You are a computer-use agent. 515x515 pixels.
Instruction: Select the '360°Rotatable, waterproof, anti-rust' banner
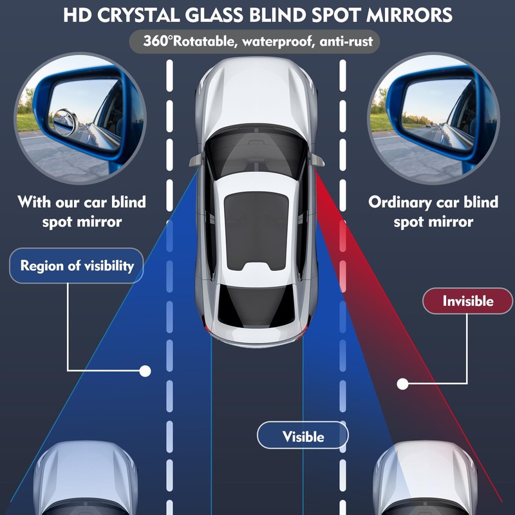click(257, 42)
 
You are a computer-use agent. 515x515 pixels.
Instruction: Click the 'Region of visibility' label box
click(77, 265)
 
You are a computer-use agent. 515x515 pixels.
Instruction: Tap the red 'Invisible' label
click(467, 301)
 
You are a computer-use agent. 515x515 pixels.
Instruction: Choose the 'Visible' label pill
click(303, 436)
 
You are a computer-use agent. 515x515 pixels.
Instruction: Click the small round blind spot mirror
click(64, 122)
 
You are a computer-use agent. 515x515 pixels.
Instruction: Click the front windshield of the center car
click(257, 154)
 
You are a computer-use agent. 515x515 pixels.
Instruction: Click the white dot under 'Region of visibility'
click(145, 371)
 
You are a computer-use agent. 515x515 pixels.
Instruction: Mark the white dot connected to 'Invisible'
click(403, 384)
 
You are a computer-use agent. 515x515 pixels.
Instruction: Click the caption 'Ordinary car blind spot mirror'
click(433, 212)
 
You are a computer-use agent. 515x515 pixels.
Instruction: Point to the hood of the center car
click(257, 97)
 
